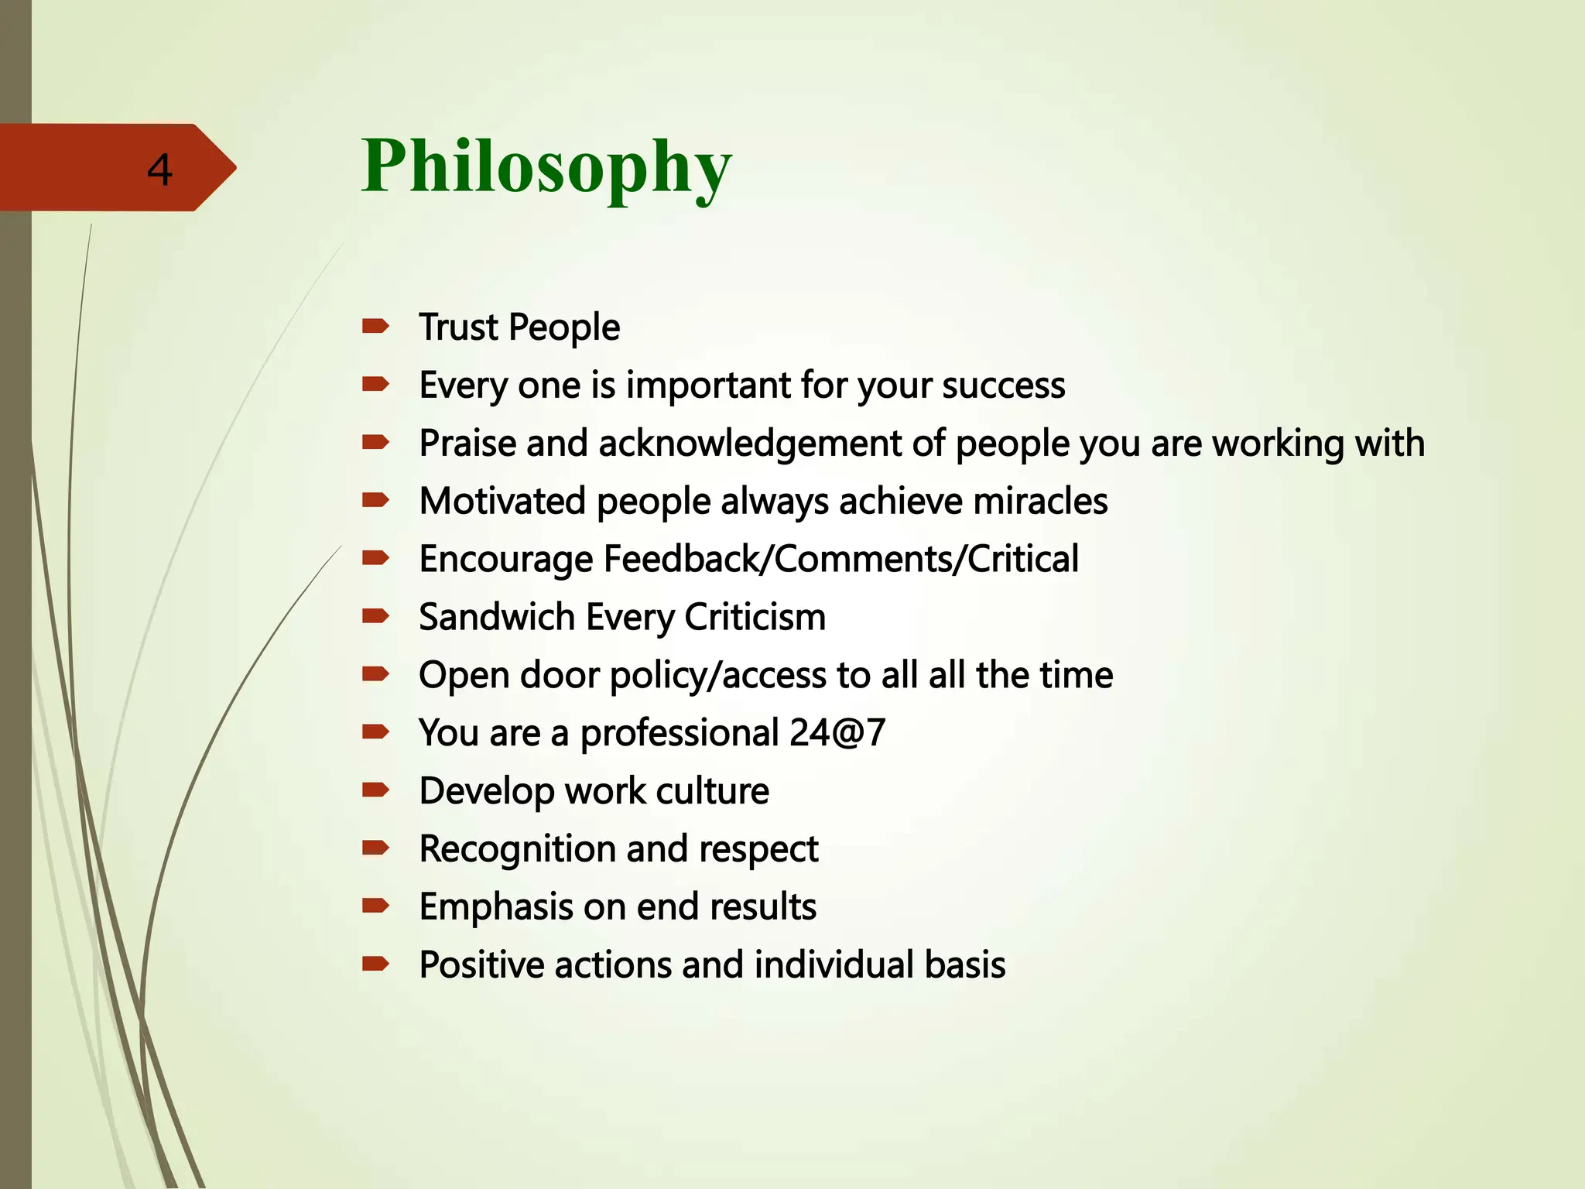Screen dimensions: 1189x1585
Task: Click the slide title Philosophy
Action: tap(546, 166)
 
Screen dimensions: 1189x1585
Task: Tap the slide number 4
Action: tap(159, 170)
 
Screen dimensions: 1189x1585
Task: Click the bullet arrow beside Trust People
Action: tap(375, 326)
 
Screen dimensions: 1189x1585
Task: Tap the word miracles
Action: tap(1040, 502)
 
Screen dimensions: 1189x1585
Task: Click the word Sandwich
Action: tap(497, 618)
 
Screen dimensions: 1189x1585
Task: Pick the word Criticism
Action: tap(755, 618)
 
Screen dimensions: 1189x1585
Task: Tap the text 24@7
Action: tap(837, 733)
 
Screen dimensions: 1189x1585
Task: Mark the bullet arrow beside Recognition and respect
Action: tap(375, 848)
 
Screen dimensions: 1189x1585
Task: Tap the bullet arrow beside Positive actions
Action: tap(375, 965)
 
